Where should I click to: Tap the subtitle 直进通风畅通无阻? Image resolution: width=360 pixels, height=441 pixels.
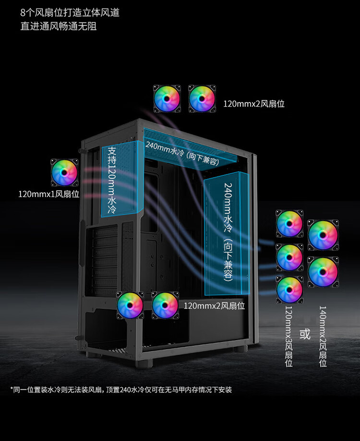[x=58, y=26]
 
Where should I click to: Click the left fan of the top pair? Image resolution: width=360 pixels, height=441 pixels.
[x=167, y=99]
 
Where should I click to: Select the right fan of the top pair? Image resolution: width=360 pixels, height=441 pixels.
[x=202, y=99]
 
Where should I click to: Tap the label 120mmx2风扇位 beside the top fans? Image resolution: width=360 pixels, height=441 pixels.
[x=253, y=103]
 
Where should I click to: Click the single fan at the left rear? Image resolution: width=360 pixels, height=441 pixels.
[x=65, y=172]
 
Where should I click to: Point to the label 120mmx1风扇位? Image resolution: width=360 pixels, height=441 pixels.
[x=49, y=195]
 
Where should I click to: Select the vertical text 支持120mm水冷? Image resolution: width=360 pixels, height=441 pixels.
[x=112, y=180]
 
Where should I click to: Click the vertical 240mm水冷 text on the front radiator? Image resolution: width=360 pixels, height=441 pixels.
[x=228, y=232]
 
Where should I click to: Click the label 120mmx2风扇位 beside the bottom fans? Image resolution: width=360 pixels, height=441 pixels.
[x=214, y=306]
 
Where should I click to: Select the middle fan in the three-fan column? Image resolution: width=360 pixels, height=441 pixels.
[x=289, y=257]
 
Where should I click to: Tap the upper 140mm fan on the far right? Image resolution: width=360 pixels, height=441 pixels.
[x=323, y=234]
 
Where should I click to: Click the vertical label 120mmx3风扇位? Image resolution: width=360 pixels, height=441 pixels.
[x=289, y=336]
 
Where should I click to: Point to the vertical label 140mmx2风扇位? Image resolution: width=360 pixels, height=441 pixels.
[x=323, y=336]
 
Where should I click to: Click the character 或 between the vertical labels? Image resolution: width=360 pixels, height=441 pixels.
[x=305, y=333]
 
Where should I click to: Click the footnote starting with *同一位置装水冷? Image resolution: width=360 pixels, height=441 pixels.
[x=121, y=389]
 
